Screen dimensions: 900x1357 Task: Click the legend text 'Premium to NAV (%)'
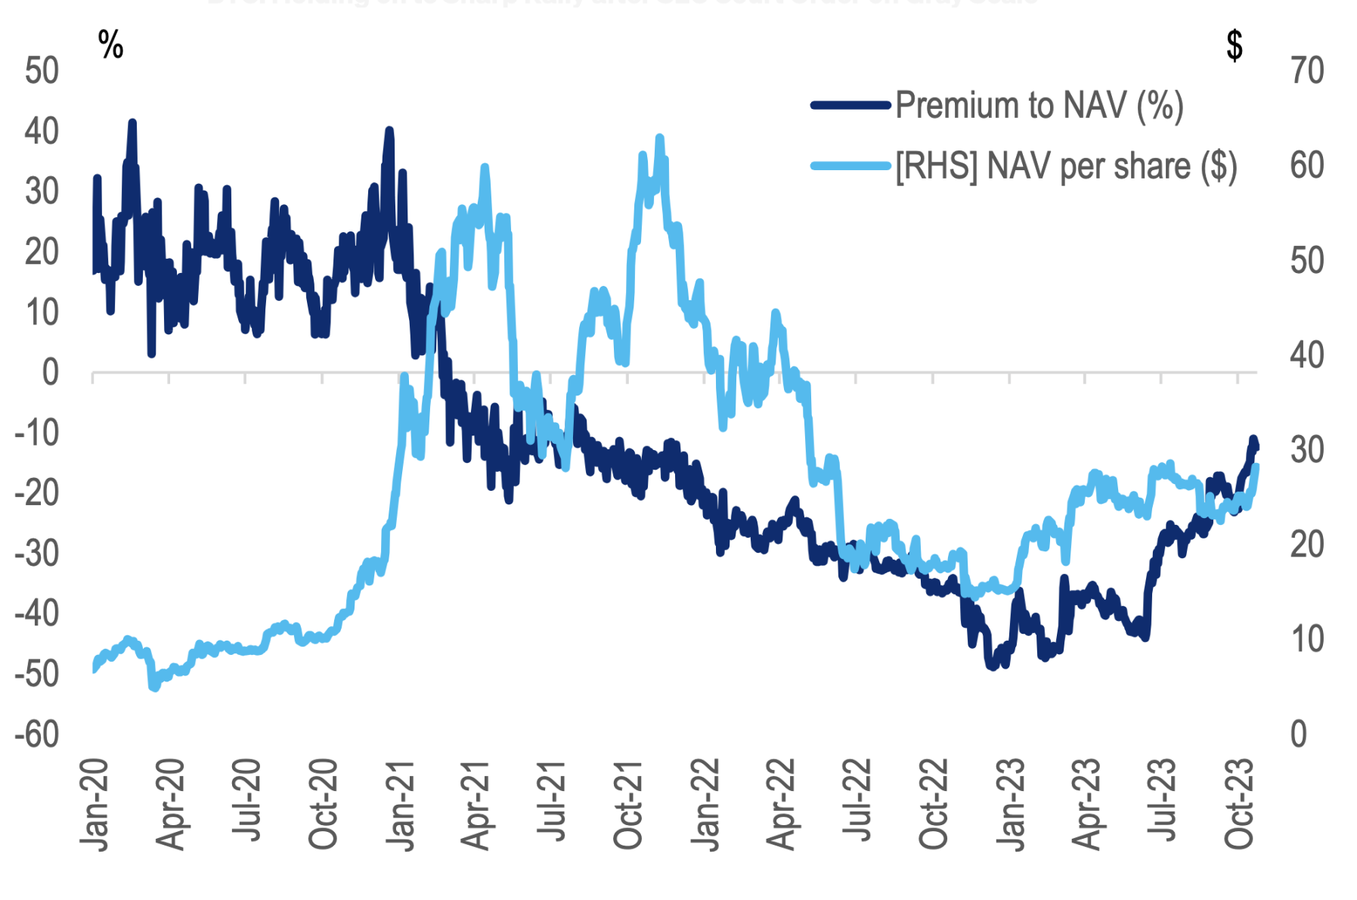click(x=1039, y=105)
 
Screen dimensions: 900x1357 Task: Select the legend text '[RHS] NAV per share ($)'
click(x=1066, y=166)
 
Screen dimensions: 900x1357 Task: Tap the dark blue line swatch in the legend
click(x=850, y=105)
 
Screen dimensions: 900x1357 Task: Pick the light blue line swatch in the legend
click(x=850, y=166)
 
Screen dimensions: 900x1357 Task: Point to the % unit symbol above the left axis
click(x=110, y=45)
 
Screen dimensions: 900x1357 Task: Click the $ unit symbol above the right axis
click(x=1234, y=45)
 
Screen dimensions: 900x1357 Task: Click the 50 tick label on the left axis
click(x=42, y=71)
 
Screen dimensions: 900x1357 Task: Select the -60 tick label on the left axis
click(x=37, y=734)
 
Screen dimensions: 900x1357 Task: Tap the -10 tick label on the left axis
click(x=37, y=433)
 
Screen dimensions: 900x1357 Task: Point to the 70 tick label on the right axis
click(x=1307, y=71)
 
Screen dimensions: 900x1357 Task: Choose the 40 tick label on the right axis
click(x=1307, y=355)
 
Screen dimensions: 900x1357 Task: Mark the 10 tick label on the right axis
click(x=1307, y=640)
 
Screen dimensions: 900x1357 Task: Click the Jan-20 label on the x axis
click(x=95, y=805)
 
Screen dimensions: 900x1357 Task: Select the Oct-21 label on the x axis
click(x=628, y=805)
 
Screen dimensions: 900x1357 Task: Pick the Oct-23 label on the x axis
click(x=1239, y=805)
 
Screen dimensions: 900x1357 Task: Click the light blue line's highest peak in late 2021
click(x=660, y=138)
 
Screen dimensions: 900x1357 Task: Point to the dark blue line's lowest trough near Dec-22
click(x=992, y=666)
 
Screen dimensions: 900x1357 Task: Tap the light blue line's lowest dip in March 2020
click(x=155, y=687)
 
